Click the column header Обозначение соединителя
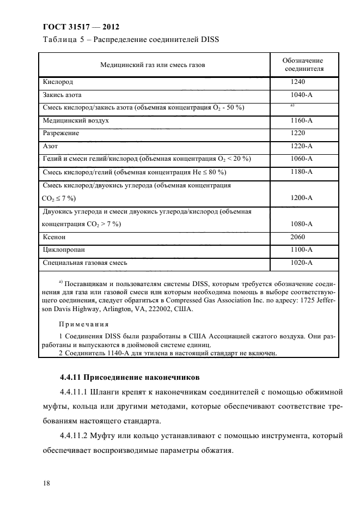click(303, 64)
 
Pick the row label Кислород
click(58, 82)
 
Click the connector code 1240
click(298, 82)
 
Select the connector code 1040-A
click(301, 94)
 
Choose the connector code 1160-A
click(301, 120)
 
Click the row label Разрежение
click(61, 132)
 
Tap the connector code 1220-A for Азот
click(301, 145)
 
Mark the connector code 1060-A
click(301, 159)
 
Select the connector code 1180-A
click(301, 172)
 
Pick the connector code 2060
click(298, 237)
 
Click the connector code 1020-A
click(301, 263)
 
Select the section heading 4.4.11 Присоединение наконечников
click(130, 377)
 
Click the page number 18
click(46, 482)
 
